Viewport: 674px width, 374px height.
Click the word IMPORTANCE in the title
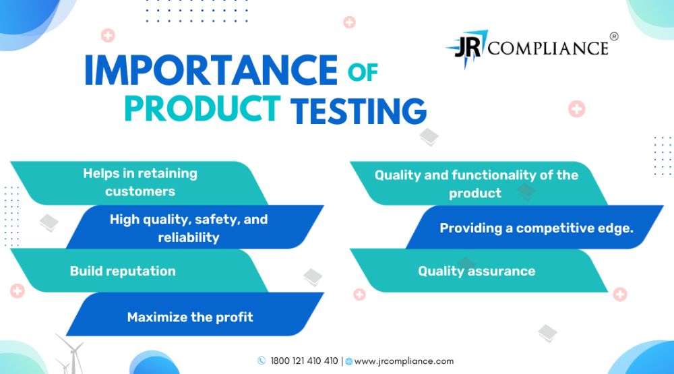[211, 70]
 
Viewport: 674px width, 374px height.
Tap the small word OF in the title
[363, 72]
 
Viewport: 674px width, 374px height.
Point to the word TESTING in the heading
[359, 111]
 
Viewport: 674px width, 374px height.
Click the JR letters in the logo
[467, 48]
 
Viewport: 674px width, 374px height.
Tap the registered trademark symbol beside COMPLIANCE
[614, 36]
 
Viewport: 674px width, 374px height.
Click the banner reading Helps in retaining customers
[140, 183]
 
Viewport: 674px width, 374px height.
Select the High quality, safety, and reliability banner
[195, 227]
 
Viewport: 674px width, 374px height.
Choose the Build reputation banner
[140, 271]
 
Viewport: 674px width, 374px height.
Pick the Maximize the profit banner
[195, 314]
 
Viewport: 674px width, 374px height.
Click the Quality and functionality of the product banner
[479, 183]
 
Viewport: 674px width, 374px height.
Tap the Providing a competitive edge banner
[534, 227]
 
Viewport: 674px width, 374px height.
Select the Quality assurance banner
[479, 271]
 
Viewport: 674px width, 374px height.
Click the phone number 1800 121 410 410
[304, 361]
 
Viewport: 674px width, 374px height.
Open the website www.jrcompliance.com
[404, 361]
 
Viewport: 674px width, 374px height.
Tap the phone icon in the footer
[262, 361]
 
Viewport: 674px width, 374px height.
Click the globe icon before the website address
[349, 361]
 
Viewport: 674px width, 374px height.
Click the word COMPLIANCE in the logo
[548, 48]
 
